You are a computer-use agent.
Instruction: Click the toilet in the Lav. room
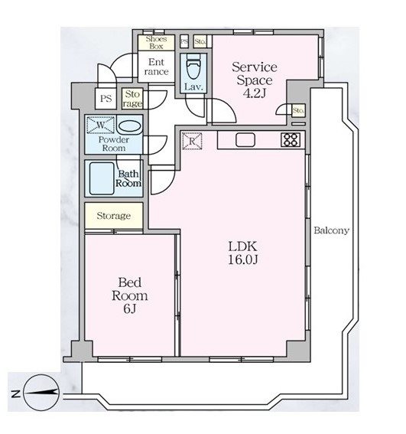(x=193, y=67)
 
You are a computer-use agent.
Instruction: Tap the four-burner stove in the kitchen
(x=291, y=140)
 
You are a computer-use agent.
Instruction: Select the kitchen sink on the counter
(x=245, y=140)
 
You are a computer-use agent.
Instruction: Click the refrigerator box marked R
(x=192, y=141)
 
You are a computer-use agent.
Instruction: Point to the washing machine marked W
(x=101, y=125)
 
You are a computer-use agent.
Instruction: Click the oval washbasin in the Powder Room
(x=129, y=127)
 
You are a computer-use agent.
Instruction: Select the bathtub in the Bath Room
(x=102, y=178)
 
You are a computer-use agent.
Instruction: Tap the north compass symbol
(x=41, y=393)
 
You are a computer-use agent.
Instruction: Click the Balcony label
(x=331, y=230)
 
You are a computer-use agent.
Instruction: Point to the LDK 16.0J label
(x=243, y=253)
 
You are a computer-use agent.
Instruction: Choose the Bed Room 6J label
(x=129, y=295)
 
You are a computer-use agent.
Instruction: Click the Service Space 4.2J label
(x=254, y=80)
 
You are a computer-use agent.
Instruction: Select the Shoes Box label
(x=156, y=43)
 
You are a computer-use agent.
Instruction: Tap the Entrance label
(x=156, y=67)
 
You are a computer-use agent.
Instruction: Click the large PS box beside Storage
(x=106, y=99)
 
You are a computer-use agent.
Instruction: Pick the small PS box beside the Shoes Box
(x=184, y=42)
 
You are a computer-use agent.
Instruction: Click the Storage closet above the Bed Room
(x=114, y=216)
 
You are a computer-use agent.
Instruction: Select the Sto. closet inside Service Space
(x=298, y=110)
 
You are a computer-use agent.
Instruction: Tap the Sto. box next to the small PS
(x=200, y=42)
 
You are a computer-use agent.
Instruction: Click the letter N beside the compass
(x=15, y=393)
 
